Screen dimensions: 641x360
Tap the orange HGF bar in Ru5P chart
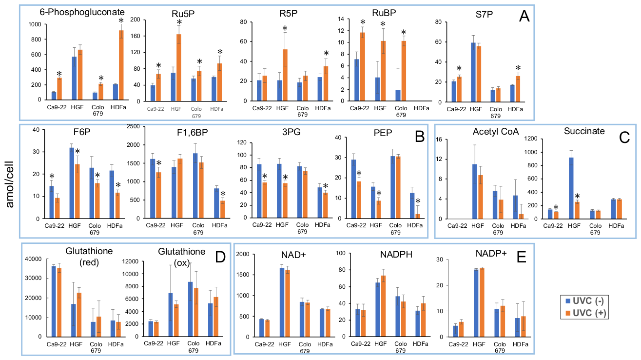(x=179, y=68)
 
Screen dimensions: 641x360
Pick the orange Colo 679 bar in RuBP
(x=404, y=71)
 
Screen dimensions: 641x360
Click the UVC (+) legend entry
(x=584, y=313)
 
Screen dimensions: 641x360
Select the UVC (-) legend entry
(x=584, y=300)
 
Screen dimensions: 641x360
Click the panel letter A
(x=524, y=16)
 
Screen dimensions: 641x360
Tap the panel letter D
(x=220, y=257)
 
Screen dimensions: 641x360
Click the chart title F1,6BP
(x=192, y=132)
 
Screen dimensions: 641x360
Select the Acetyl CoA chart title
(x=496, y=131)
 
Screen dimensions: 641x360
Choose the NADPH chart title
(x=396, y=254)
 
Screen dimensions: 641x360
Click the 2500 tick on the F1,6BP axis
(x=134, y=126)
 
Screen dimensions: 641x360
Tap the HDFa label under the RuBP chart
(x=421, y=109)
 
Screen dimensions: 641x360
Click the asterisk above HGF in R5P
(x=285, y=29)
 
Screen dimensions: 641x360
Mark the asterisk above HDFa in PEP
(x=418, y=201)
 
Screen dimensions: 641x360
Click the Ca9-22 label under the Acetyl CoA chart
(x=457, y=226)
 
